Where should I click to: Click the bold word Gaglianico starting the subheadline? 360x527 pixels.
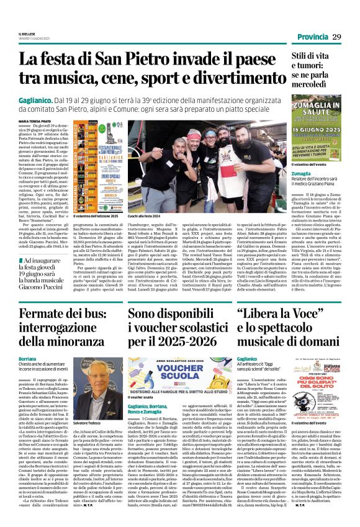58,100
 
